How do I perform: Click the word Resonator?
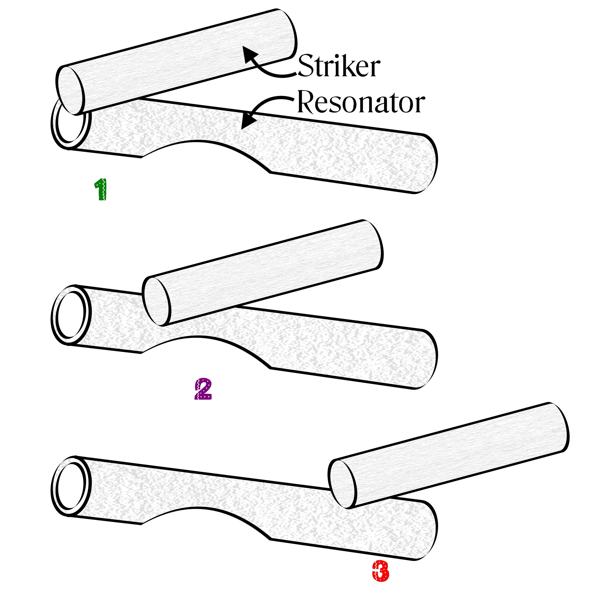point(361,102)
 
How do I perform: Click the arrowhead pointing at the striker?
point(248,54)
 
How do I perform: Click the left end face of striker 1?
point(70,90)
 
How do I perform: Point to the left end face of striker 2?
point(156,301)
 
